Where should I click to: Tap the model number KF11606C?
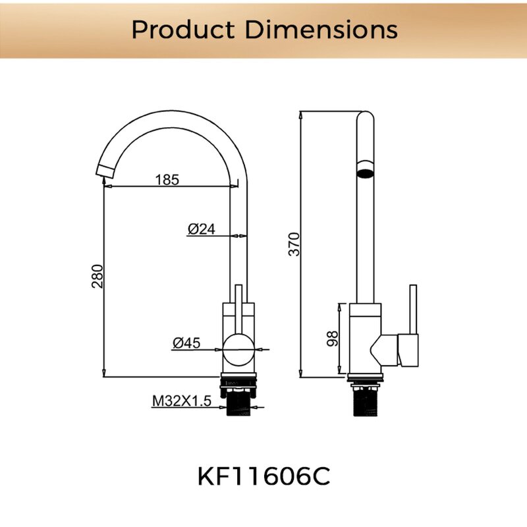tap(263, 477)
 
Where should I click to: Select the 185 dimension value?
tap(167, 179)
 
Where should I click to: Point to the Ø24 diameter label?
tap(202, 229)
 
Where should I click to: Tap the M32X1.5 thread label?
tap(182, 401)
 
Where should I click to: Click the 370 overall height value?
tap(294, 244)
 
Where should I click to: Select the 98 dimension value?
tap(333, 339)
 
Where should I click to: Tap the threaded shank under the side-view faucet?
tap(365, 402)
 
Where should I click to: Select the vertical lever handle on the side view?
tap(413, 310)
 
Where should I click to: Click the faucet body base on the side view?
tap(365, 343)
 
